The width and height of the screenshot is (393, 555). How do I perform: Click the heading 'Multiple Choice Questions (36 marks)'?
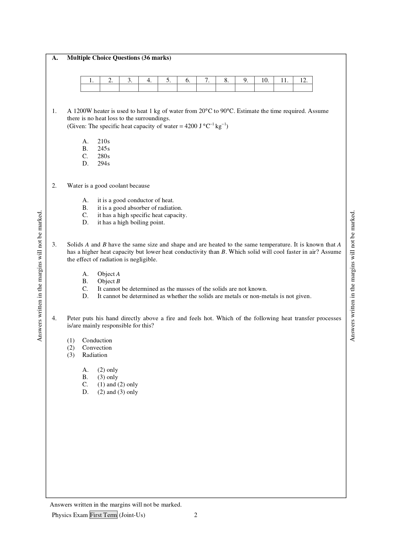[x=119, y=58]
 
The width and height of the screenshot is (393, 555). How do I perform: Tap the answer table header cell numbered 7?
[x=206, y=80]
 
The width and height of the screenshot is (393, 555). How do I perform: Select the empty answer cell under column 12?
[x=303, y=88]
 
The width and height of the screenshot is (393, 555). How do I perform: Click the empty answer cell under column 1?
[x=90, y=88]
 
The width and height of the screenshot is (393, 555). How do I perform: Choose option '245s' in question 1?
[x=104, y=149]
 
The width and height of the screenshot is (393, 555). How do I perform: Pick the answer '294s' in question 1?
[x=104, y=164]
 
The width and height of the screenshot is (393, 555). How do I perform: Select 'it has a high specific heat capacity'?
[x=142, y=215]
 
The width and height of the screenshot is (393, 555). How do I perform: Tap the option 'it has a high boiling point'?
[x=131, y=222]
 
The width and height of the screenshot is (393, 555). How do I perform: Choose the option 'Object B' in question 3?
[x=109, y=281]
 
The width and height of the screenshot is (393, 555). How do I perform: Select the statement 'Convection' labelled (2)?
[x=97, y=348]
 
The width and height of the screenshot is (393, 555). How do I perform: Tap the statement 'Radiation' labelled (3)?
[x=95, y=355]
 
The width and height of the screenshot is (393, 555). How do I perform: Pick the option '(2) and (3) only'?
[x=117, y=392]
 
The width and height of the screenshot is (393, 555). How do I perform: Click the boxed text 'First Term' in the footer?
[x=104, y=515]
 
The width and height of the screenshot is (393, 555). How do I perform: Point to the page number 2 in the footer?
[x=196, y=515]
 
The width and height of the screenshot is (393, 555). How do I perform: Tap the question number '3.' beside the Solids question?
[x=54, y=245]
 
